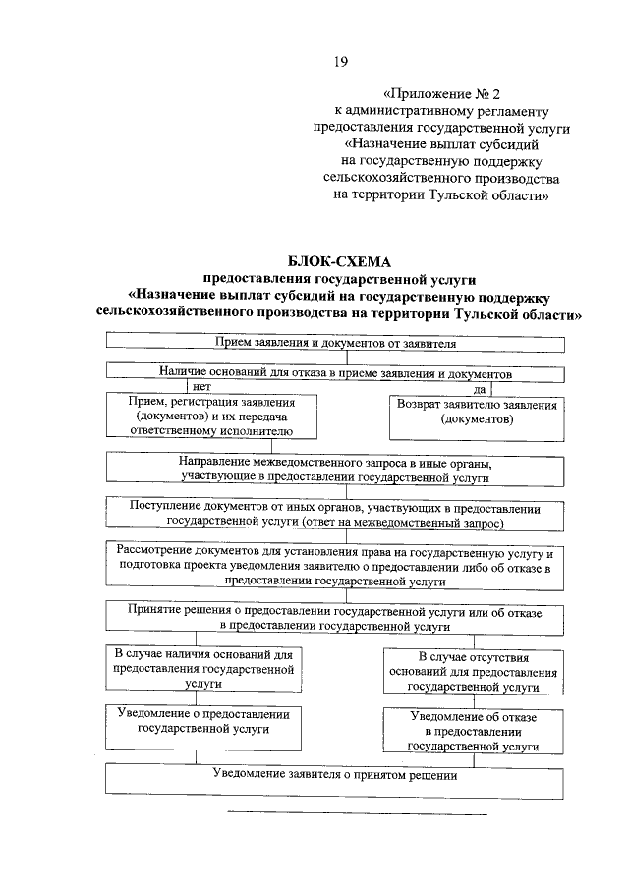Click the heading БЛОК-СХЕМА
(339, 261)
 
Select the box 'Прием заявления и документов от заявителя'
(335, 344)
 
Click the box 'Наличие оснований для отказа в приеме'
(335, 374)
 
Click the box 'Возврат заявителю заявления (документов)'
(476, 417)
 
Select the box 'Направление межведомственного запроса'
(335, 470)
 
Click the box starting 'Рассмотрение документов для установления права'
(335, 567)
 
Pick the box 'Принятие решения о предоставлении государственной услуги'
(335, 617)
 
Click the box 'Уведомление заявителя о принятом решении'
(335, 778)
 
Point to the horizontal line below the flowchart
(357, 813)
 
